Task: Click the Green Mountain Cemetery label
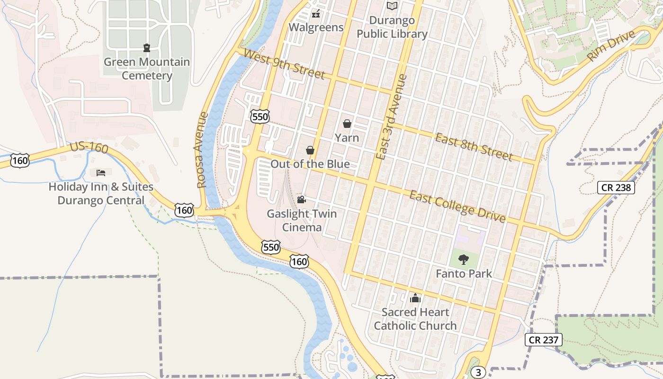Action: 147,69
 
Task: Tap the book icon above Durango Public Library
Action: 392,6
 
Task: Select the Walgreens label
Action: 316,27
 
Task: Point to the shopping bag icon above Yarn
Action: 347,124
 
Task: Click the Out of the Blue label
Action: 310,164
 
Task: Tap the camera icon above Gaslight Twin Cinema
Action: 301,199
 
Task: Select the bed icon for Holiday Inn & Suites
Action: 101,172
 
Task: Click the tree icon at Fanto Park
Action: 464,259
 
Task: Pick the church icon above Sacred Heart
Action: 415,298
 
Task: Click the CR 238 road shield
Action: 616,188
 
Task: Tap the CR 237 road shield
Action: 544,339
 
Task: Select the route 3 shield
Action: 478,372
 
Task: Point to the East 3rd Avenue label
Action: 391,117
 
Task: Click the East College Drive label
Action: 457,206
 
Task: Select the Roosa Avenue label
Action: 202,150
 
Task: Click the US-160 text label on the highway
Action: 89,147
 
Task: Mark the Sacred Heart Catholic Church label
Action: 415,319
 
